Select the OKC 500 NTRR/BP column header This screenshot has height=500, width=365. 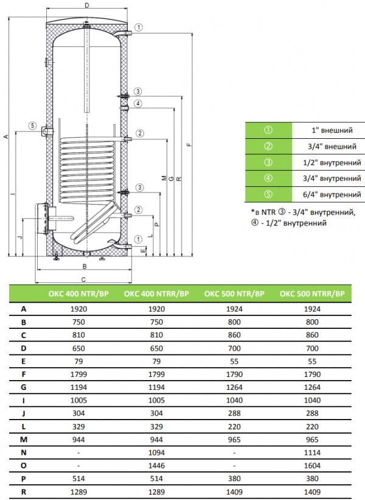pyautogui.click(x=311, y=293)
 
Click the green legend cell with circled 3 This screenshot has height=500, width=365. pyautogui.click(x=268, y=162)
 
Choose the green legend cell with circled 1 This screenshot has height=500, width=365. pyautogui.click(x=268, y=130)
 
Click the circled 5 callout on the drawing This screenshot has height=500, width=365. pyautogui.click(x=32, y=126)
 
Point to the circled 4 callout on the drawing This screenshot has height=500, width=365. pyautogui.click(x=139, y=104)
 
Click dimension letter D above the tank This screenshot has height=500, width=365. pyautogui.click(x=88, y=5)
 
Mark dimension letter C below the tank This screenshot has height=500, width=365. pyautogui.click(x=84, y=279)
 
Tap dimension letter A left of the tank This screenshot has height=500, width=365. pyautogui.click(x=5, y=137)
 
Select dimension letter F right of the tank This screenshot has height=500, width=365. pyautogui.click(x=189, y=145)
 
